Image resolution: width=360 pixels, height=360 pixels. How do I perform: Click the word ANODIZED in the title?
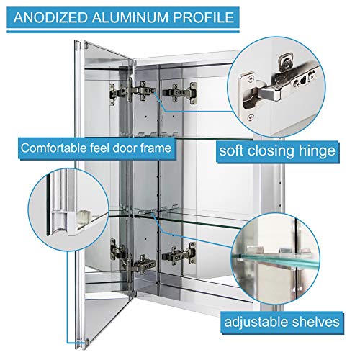(x=50, y=17)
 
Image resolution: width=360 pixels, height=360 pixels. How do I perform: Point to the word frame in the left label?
(x=156, y=148)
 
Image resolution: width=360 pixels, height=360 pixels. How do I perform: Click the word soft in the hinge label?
(x=230, y=150)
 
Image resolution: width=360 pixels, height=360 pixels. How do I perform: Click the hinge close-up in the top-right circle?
(x=276, y=86)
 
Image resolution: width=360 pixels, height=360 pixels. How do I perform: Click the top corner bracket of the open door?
(x=85, y=45)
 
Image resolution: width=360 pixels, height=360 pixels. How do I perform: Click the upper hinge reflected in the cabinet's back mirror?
(x=180, y=93)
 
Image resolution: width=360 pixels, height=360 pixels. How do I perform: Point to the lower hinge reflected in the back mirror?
(x=179, y=253)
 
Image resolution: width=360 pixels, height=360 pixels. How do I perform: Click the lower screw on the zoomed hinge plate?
(x=251, y=117)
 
